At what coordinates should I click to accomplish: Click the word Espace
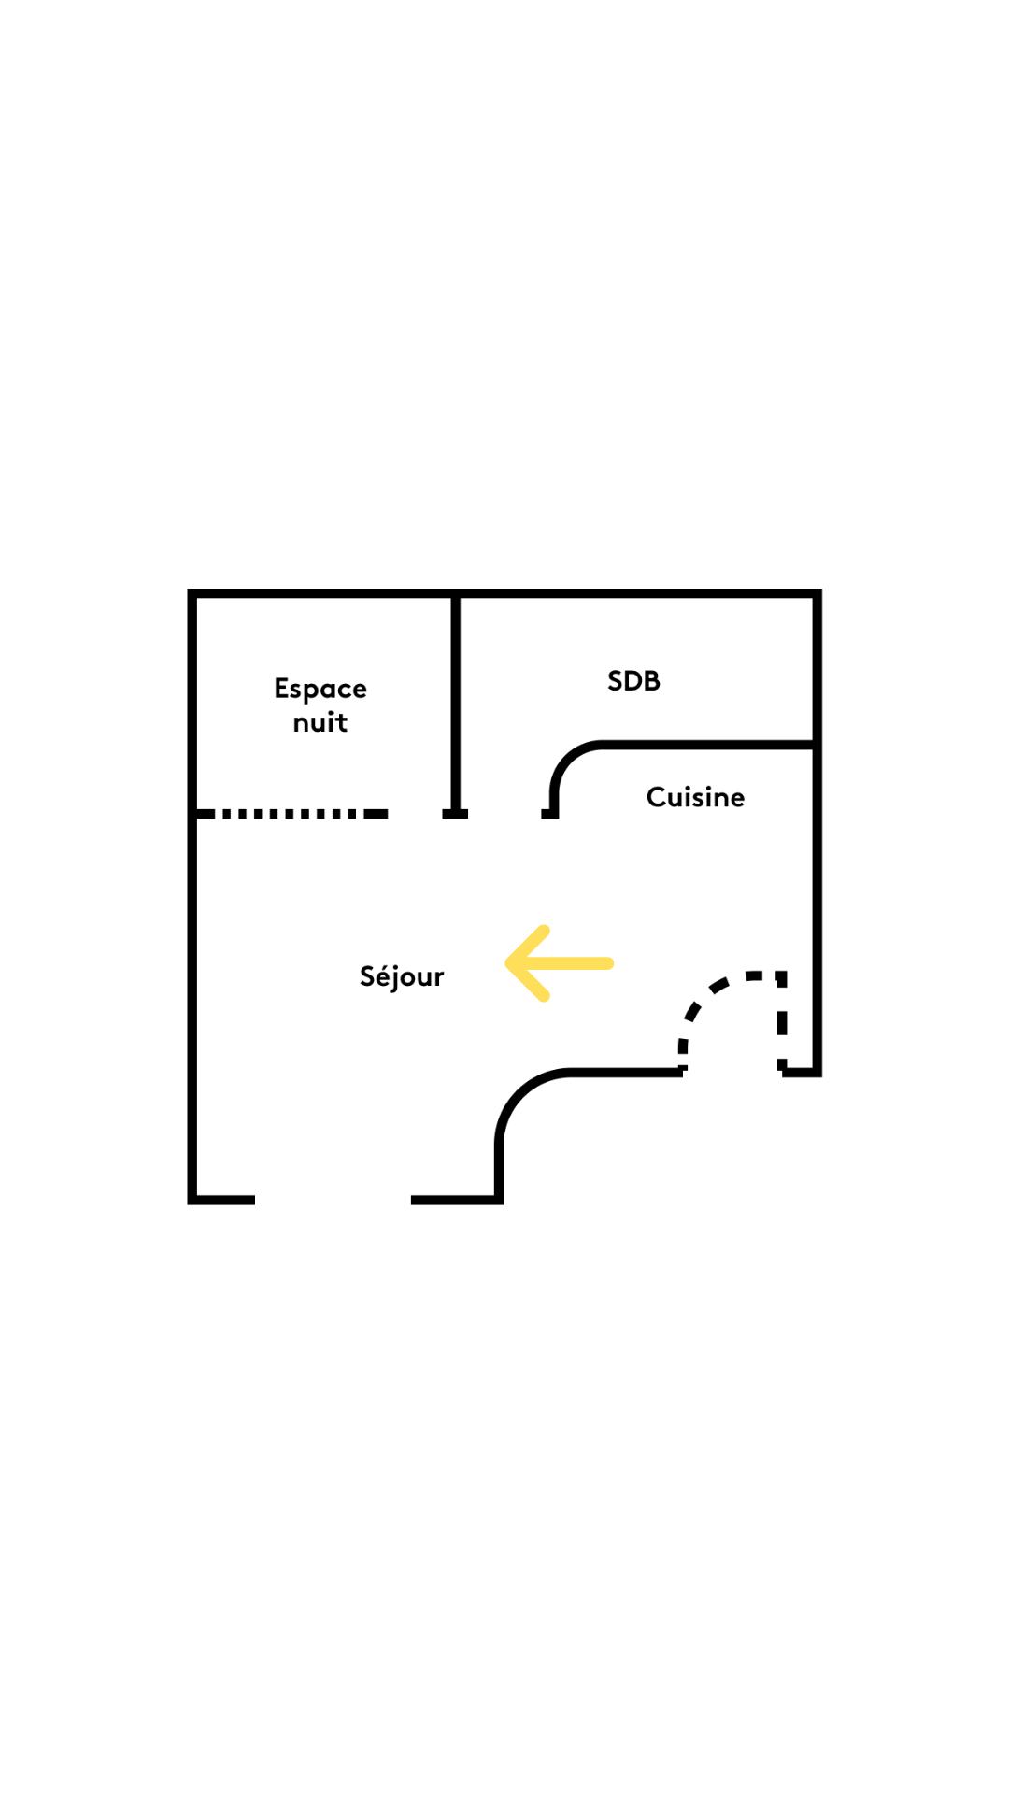(x=320, y=690)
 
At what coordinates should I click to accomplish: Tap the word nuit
(x=320, y=722)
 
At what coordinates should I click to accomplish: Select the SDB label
(x=633, y=681)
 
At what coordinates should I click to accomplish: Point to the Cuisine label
(x=696, y=797)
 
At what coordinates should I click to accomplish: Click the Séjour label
(x=402, y=976)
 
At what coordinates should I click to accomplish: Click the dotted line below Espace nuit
(x=292, y=814)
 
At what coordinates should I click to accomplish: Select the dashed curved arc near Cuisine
(x=733, y=1018)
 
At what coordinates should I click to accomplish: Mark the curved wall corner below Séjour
(x=519, y=1093)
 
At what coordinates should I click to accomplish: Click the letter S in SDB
(x=616, y=681)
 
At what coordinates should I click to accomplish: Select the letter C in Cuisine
(x=656, y=797)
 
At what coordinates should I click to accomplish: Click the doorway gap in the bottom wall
(x=333, y=1200)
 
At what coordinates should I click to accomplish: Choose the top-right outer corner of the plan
(x=821, y=590)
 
